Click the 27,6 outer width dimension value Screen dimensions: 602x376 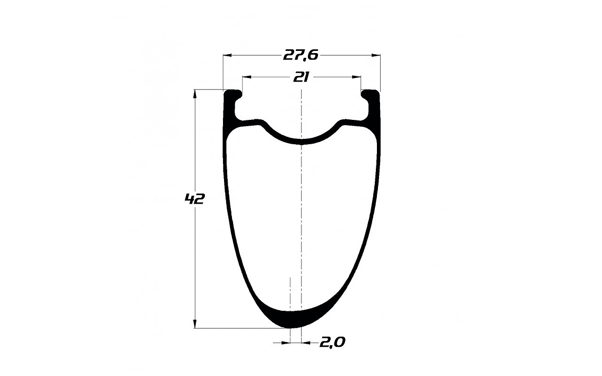(301, 55)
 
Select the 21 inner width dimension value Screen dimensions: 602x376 (302, 77)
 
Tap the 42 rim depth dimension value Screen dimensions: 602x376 (194, 199)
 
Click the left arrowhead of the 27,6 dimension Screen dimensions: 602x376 (227, 56)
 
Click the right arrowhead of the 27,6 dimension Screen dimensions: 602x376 (376, 56)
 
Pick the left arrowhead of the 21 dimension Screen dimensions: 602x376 (246, 77)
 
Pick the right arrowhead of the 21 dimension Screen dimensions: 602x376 (357, 77)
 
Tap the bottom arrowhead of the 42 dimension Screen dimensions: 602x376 (195, 323)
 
